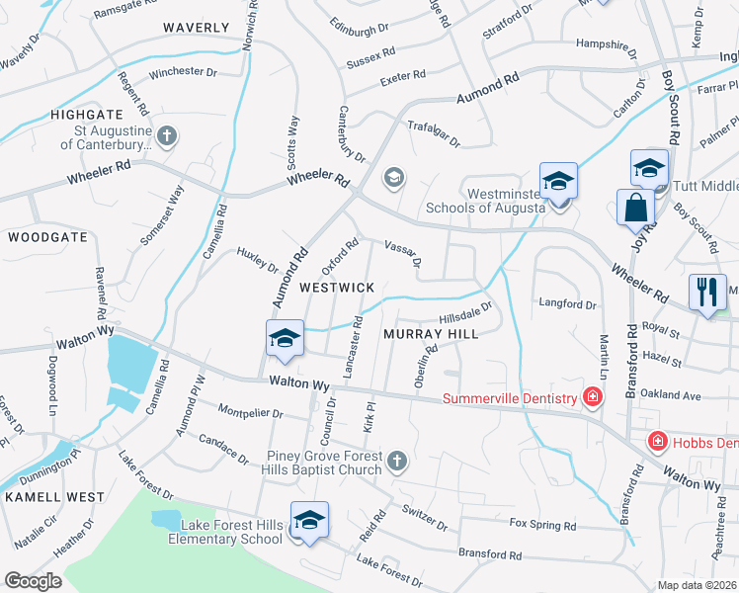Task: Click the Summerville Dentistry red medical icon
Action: [592, 398]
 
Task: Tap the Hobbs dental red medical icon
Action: [655, 441]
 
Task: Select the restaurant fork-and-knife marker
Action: [706, 292]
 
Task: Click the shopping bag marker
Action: [633, 208]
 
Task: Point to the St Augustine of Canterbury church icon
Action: [167, 136]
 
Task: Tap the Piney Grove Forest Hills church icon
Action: [397, 462]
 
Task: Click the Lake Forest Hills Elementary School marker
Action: [309, 520]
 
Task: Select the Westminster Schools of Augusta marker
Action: [558, 182]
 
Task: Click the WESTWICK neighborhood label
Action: [337, 287]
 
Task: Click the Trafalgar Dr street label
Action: [434, 134]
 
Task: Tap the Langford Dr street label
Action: [567, 303]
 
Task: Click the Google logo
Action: [33, 581]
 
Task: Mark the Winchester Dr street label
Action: [183, 73]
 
